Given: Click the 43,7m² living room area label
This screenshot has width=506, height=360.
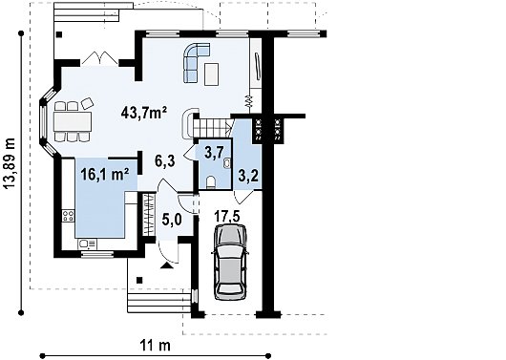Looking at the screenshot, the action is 144,113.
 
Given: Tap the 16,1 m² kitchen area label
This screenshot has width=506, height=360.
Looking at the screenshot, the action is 105,175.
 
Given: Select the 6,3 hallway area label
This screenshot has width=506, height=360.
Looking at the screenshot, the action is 165,160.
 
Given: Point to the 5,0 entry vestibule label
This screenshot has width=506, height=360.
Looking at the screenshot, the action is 172,220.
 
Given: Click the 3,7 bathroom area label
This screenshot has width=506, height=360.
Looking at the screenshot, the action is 214,153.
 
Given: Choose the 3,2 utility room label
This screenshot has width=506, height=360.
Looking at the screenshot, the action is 248,176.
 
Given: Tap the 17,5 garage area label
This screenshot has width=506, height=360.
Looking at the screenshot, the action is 227,217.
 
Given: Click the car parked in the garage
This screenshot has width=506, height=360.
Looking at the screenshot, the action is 230,263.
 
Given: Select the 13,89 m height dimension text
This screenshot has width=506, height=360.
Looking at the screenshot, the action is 9,163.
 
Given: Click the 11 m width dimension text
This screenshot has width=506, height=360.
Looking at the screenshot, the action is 156,346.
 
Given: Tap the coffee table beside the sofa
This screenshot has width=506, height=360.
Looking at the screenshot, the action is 211,74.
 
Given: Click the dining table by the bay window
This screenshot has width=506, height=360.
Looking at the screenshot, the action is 73,121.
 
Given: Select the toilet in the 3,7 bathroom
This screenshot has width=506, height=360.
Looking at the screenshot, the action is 211,181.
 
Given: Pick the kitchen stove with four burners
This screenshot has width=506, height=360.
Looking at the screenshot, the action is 68,216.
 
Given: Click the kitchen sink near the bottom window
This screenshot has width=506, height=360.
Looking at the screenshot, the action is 87,244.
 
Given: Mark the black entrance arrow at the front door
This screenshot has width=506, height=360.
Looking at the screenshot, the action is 166,265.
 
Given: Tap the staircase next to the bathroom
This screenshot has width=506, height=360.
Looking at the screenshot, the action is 212,128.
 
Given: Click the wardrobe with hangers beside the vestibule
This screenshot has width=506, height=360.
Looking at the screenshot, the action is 148,215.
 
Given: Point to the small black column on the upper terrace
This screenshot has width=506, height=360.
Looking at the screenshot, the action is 59,34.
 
